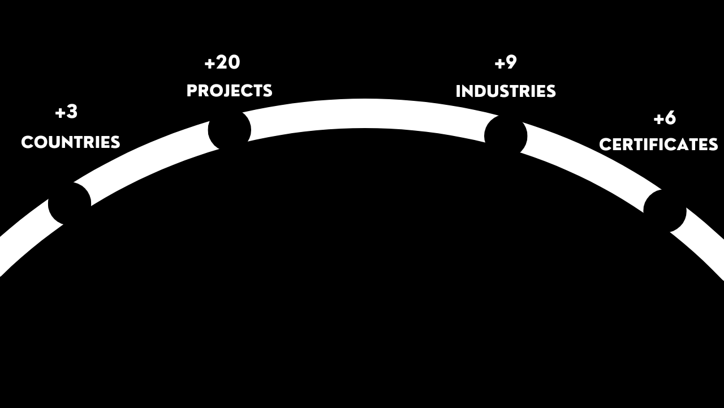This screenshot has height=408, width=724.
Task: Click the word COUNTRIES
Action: [71, 142]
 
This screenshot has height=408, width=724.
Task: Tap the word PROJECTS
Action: [230, 91]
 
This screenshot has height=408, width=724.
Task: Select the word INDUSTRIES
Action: [506, 91]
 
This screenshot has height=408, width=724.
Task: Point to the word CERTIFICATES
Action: [658, 145]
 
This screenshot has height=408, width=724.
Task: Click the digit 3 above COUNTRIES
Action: [72, 112]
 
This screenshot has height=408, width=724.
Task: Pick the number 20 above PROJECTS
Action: [229, 62]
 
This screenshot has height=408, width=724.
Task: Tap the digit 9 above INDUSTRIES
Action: [511, 62]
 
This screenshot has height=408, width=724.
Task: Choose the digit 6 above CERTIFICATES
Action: [670, 118]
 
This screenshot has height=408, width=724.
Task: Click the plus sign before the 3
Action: [60, 113]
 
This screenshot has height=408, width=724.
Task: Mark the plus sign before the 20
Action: [210, 63]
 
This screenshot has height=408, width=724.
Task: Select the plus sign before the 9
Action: [499, 63]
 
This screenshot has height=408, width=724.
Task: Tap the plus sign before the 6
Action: [658, 119]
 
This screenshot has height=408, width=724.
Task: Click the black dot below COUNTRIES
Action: [70, 203]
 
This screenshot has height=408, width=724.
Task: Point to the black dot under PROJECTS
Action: [230, 130]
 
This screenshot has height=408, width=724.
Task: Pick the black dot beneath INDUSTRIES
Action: [506, 137]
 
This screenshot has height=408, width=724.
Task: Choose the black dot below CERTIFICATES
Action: [665, 211]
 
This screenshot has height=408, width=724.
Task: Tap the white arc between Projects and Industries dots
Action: [365, 113]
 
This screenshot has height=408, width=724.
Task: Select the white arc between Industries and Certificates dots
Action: [588, 161]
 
